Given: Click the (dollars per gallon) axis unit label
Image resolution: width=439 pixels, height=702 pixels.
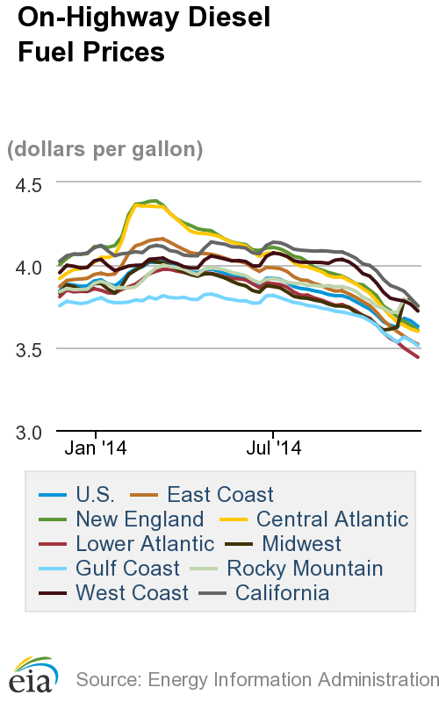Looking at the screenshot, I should coord(105,150).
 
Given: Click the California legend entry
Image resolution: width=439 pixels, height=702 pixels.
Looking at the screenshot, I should coord(281,593).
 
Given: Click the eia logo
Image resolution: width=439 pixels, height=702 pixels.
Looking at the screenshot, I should coord(33,674).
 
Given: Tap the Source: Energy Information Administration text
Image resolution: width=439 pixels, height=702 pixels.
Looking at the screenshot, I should coord(256,679).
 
